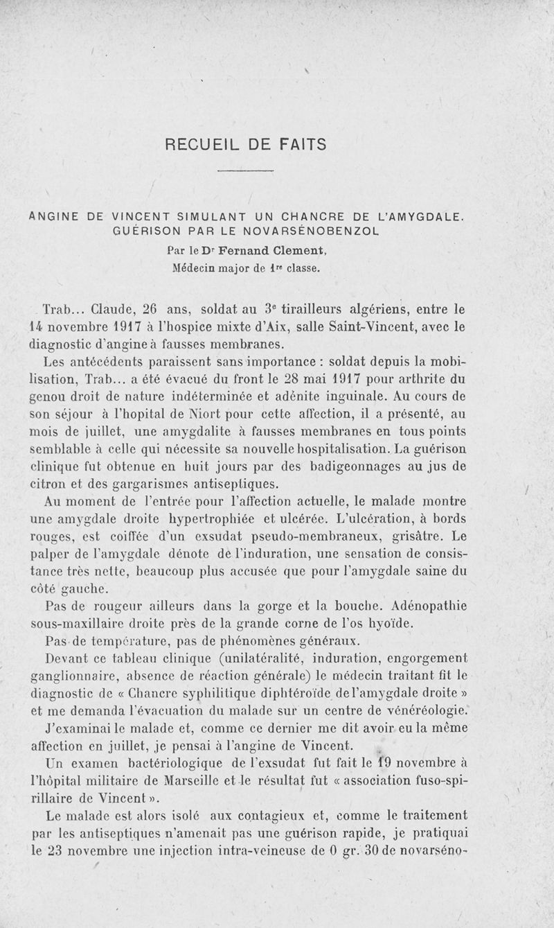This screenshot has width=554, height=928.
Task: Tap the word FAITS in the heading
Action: pyautogui.click(x=298, y=145)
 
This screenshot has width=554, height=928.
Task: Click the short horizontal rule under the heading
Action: pyautogui.click(x=246, y=170)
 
